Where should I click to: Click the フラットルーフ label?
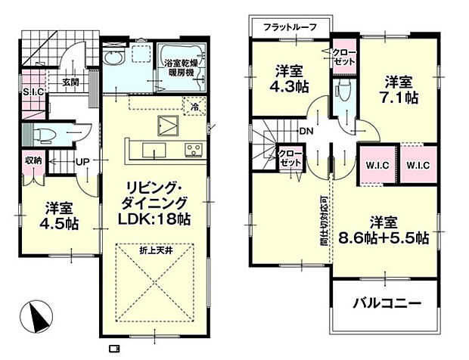pos(290,28)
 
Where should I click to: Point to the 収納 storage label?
pos(33,160)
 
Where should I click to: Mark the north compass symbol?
pos(35,312)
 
